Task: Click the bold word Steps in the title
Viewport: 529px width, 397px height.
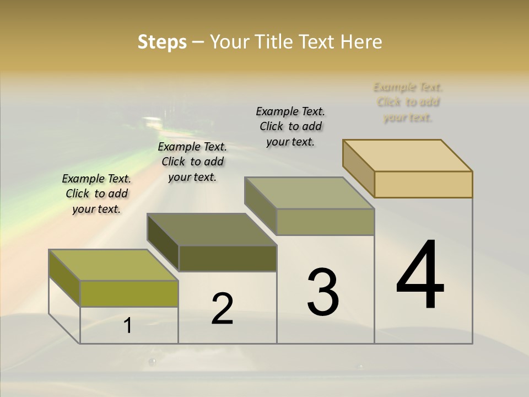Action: point(162,42)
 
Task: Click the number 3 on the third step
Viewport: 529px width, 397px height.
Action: point(323,292)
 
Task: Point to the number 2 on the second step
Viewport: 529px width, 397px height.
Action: point(222,309)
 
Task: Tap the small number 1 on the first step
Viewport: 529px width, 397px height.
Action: point(128,326)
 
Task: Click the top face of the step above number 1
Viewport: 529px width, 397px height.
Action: point(113,265)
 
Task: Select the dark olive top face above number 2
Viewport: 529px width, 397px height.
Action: point(212,229)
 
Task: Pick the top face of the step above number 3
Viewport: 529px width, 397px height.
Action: point(310,193)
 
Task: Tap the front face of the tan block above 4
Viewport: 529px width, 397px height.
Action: point(423,184)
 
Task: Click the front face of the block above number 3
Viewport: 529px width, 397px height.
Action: point(325,222)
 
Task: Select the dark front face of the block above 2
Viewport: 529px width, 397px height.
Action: point(228,258)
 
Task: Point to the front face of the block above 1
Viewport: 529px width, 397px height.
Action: point(129,293)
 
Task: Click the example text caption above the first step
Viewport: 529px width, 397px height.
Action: point(96,194)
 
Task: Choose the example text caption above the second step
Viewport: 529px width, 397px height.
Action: point(192,162)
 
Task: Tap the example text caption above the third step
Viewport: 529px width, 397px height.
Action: point(290,126)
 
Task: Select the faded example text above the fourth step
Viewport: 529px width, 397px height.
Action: point(408,102)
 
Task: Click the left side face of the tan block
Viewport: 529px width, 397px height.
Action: point(358,168)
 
